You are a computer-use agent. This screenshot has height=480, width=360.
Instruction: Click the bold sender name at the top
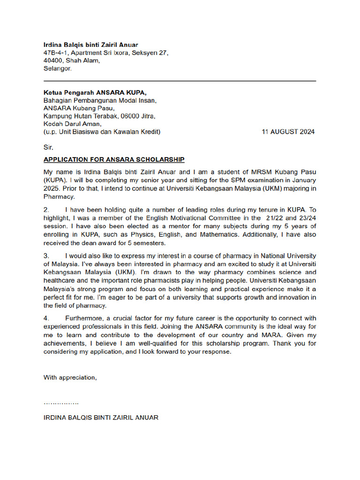[x=91, y=45]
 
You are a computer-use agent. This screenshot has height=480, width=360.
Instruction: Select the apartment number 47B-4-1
[x=54, y=53]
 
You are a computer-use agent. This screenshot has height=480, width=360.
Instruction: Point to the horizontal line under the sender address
[x=180, y=81]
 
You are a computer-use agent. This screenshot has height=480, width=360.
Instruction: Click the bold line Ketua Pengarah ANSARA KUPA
[x=98, y=93]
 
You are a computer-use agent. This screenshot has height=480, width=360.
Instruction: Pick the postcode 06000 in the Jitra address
[x=129, y=116]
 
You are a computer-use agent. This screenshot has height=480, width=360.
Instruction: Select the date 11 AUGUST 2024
[x=288, y=132]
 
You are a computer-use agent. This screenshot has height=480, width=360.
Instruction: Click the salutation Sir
[x=49, y=147]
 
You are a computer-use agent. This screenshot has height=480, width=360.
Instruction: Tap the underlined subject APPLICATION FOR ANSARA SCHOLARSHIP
[x=114, y=159]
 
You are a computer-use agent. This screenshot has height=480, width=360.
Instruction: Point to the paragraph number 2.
[x=46, y=210]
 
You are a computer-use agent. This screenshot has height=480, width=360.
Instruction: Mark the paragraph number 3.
[x=46, y=256]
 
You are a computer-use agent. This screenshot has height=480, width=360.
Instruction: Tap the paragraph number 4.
[x=46, y=318]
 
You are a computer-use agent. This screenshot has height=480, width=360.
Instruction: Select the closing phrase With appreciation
[x=70, y=377]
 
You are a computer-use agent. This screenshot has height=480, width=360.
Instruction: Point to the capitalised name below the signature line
[x=101, y=417]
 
